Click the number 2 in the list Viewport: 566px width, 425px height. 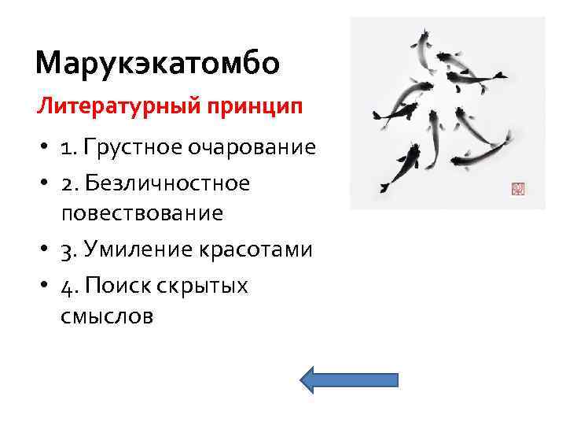pos(68,183)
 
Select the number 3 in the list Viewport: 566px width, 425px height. pos(68,250)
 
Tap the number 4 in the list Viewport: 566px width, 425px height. pos(68,286)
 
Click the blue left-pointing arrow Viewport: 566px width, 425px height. pos(349,379)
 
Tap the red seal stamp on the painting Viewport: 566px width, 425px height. pos(517,189)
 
